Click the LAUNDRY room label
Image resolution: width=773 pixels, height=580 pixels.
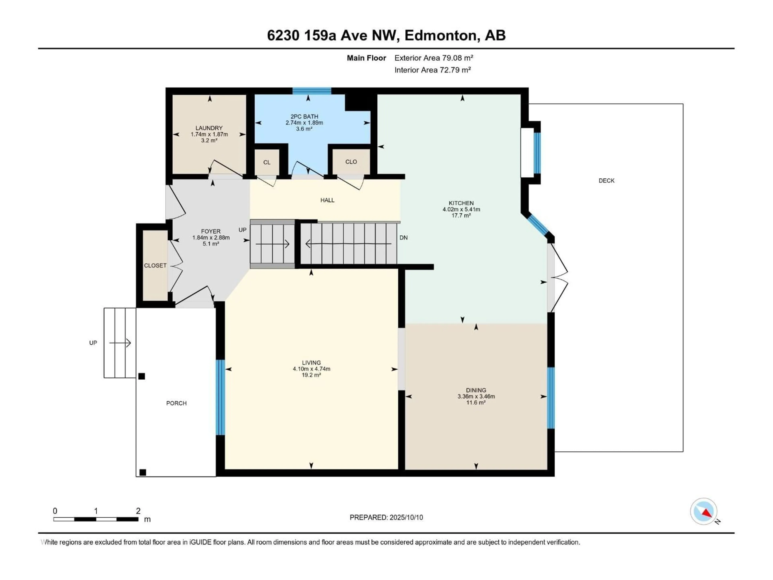click(209, 128)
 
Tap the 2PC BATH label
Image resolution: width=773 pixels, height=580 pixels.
click(304, 116)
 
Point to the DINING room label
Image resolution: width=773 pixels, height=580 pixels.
click(476, 390)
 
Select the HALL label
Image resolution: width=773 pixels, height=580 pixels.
click(327, 200)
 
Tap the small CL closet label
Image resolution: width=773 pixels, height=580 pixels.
click(267, 162)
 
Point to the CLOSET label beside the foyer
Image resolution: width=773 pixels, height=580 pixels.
click(155, 266)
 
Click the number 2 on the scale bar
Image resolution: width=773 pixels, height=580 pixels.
click(138, 511)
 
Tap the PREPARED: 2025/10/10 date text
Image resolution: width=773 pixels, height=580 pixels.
click(386, 517)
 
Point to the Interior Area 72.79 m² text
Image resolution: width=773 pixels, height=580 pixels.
click(432, 70)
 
